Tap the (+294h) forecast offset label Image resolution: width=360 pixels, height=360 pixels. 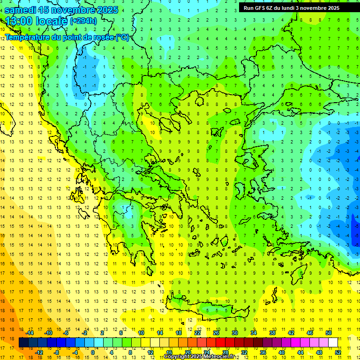[x=83, y=21]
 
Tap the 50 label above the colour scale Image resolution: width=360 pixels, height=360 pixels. [x=329, y=333]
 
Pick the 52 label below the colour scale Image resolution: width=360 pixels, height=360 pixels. [x=338, y=352]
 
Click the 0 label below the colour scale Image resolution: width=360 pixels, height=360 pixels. [x=94, y=352]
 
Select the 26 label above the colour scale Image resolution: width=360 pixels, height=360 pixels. [x=216, y=333]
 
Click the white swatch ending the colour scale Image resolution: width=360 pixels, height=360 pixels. [x=333, y=343]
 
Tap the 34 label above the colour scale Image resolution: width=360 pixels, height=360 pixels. [x=254, y=333]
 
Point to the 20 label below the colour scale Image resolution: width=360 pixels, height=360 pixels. [x=187, y=352]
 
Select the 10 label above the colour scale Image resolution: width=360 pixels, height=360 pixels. [x=141, y=333]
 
